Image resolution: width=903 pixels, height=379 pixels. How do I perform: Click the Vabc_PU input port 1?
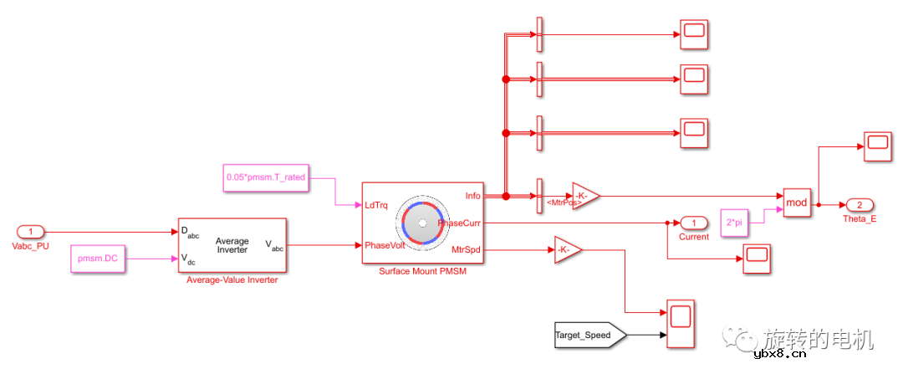click(31, 232)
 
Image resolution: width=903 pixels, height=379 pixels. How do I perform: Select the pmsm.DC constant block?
click(99, 259)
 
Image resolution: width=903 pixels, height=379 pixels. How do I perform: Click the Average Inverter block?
click(232, 245)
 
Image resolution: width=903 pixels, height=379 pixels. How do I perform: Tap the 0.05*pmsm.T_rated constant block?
click(265, 177)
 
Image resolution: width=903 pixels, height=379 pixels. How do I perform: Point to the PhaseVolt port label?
click(384, 245)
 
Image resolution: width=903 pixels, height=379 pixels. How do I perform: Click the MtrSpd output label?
click(466, 249)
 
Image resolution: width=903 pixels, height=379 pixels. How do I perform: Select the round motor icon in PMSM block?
click(422, 223)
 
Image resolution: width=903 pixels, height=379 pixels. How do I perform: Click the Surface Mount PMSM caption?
click(422, 271)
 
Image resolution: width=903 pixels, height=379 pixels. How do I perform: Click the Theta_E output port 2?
click(860, 205)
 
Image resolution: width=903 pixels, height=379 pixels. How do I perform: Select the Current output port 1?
click(693, 223)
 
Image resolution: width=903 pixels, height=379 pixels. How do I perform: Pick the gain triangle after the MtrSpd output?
click(567, 249)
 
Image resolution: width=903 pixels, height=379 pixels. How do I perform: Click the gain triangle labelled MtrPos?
click(585, 196)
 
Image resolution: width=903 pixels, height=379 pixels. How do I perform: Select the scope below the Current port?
click(757, 259)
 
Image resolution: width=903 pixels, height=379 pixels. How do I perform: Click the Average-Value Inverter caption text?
click(232, 280)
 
